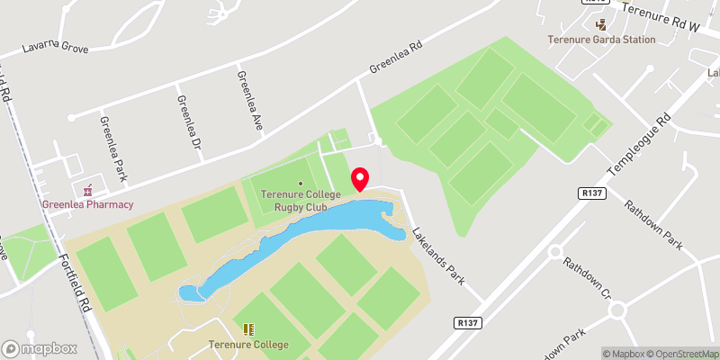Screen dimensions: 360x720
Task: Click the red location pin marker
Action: pos(359,179)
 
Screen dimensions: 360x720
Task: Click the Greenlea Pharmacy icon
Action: pos(87,191)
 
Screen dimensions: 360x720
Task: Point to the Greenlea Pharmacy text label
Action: pos(87,204)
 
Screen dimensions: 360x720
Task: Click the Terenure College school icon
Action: pos(248,330)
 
